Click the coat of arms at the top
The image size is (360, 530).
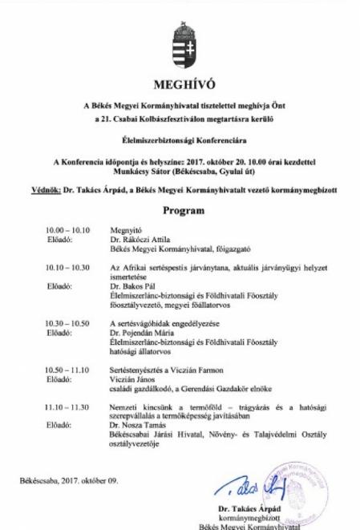point(180,44)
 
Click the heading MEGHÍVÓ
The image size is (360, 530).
point(180,84)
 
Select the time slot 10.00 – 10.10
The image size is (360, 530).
point(68,230)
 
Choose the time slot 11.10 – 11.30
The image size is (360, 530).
point(68,407)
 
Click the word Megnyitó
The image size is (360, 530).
point(125,230)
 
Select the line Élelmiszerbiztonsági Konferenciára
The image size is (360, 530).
point(180,140)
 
